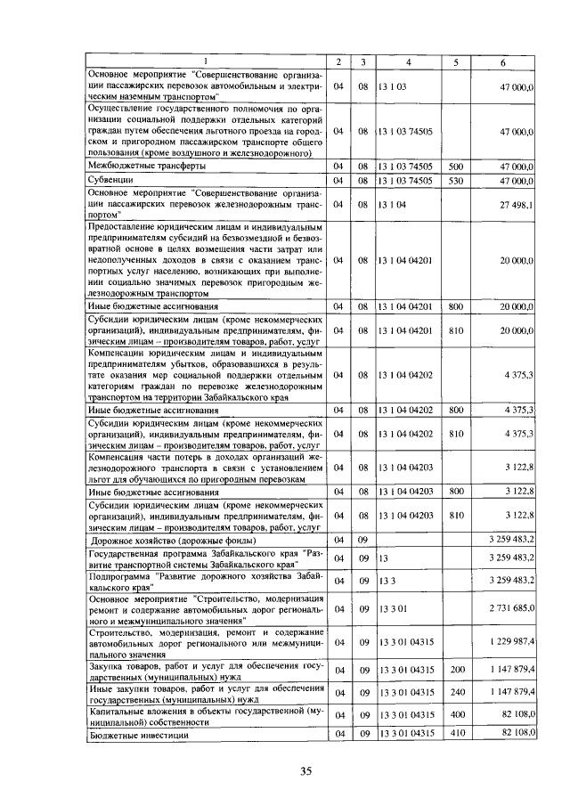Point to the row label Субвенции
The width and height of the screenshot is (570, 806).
pos(110,180)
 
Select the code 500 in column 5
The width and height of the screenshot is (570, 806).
pos(455,166)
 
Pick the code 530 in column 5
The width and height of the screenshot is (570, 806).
pos(455,180)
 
